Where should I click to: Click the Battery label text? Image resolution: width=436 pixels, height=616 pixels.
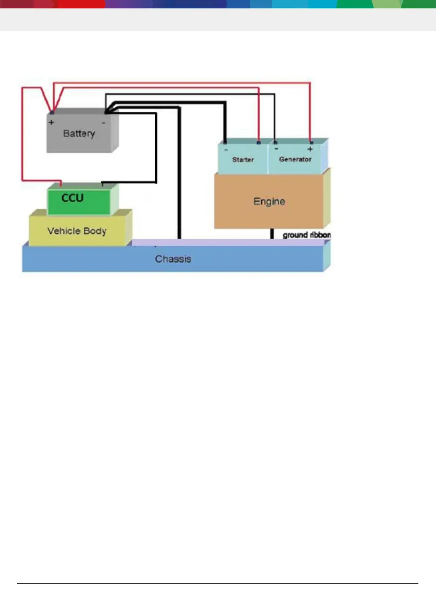[79, 133]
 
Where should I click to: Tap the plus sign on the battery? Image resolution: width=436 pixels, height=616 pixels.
[52, 122]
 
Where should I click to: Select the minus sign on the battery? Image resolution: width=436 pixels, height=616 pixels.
[104, 123]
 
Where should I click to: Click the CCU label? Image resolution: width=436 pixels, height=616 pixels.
[72, 198]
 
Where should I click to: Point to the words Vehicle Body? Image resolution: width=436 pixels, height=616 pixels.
[77, 231]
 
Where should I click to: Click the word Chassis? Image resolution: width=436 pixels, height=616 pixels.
[173, 259]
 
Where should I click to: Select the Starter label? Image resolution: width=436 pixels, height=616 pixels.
[243, 160]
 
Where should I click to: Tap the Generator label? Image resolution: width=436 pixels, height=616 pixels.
[295, 159]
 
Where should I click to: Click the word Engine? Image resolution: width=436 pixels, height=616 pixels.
[269, 201]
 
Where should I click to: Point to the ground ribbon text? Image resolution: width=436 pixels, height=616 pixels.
[306, 235]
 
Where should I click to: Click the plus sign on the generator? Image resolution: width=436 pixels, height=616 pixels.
[310, 149]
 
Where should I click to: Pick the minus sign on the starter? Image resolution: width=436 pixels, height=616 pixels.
[226, 149]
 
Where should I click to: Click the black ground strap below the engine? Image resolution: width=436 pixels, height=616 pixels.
[272, 234]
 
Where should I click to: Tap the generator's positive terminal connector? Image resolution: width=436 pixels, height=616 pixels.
[311, 142]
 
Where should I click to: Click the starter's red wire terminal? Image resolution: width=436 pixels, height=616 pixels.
[259, 142]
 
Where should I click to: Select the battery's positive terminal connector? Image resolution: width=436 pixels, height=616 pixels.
[52, 112]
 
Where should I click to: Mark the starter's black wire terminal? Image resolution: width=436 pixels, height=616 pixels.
[225, 142]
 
